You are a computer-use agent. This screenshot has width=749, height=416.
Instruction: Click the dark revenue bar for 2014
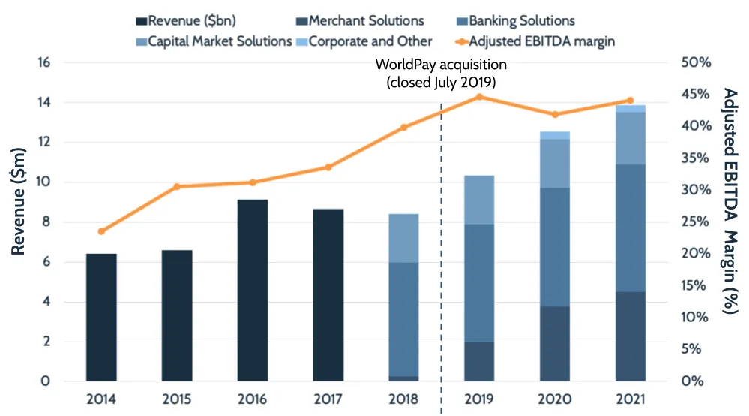click(101, 318)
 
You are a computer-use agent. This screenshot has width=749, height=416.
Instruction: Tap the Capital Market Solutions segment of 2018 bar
click(403, 238)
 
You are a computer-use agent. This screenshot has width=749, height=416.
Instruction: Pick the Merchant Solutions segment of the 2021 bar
click(631, 336)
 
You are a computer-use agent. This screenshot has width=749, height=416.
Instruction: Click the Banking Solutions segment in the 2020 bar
click(555, 247)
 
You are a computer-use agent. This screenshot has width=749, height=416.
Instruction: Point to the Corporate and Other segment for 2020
click(555, 135)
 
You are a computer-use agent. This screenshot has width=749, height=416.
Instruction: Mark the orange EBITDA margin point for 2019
click(480, 97)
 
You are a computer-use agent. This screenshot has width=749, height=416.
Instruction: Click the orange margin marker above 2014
click(101, 231)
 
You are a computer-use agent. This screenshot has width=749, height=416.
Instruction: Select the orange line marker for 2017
click(328, 167)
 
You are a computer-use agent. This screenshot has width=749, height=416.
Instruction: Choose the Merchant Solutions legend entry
click(366, 20)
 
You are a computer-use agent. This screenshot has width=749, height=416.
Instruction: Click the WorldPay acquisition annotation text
click(441, 74)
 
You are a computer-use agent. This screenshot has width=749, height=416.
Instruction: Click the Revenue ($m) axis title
click(19, 203)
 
